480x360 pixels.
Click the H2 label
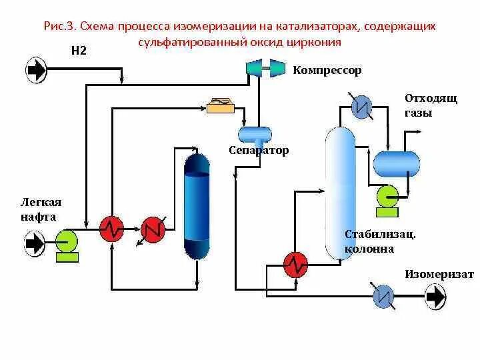(x=79, y=50)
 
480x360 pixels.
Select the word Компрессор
(x=327, y=70)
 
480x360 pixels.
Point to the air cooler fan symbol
(x=219, y=105)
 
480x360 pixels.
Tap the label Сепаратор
(x=259, y=151)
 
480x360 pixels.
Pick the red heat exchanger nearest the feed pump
(x=112, y=229)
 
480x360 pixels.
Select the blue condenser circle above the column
(x=362, y=107)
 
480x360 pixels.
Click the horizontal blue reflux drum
(x=396, y=162)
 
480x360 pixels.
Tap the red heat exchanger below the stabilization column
(x=295, y=264)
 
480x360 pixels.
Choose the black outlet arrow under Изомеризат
(x=435, y=296)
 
